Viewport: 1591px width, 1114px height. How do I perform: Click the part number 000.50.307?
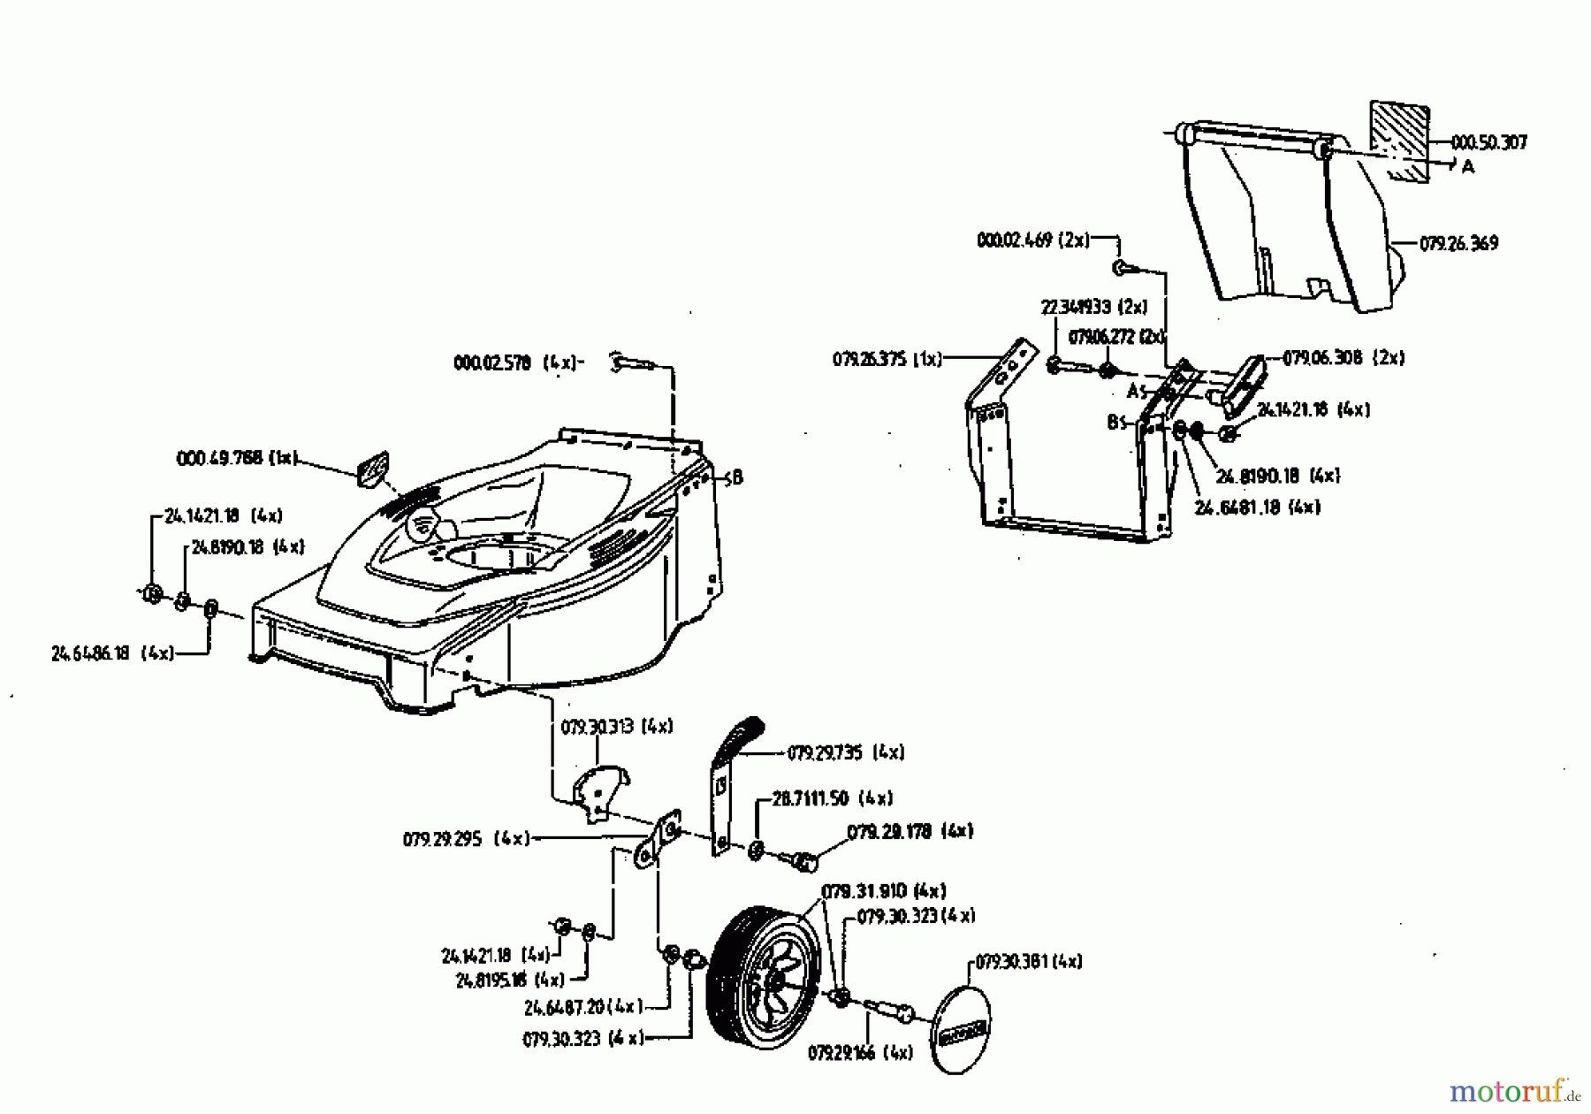tap(1489, 142)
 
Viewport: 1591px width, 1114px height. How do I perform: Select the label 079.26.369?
tap(1458, 243)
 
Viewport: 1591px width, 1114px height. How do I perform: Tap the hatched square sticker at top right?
tap(1399, 140)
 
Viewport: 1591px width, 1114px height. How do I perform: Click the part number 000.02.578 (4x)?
tap(514, 362)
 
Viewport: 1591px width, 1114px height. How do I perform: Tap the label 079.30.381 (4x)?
tap(1029, 961)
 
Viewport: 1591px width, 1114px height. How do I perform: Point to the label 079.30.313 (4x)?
tap(616, 727)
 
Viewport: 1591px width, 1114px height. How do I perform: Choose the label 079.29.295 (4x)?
tap(466, 838)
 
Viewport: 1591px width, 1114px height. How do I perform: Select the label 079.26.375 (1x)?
tap(887, 359)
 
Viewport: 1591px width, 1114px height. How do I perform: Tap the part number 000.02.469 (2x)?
tap(1033, 240)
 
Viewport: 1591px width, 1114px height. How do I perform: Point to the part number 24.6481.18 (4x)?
tap(1257, 507)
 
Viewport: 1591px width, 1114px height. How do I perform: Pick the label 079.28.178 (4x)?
tap(910, 831)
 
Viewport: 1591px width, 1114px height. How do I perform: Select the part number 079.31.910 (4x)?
tap(883, 890)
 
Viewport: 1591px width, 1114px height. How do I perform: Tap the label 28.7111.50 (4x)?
tap(832, 798)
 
